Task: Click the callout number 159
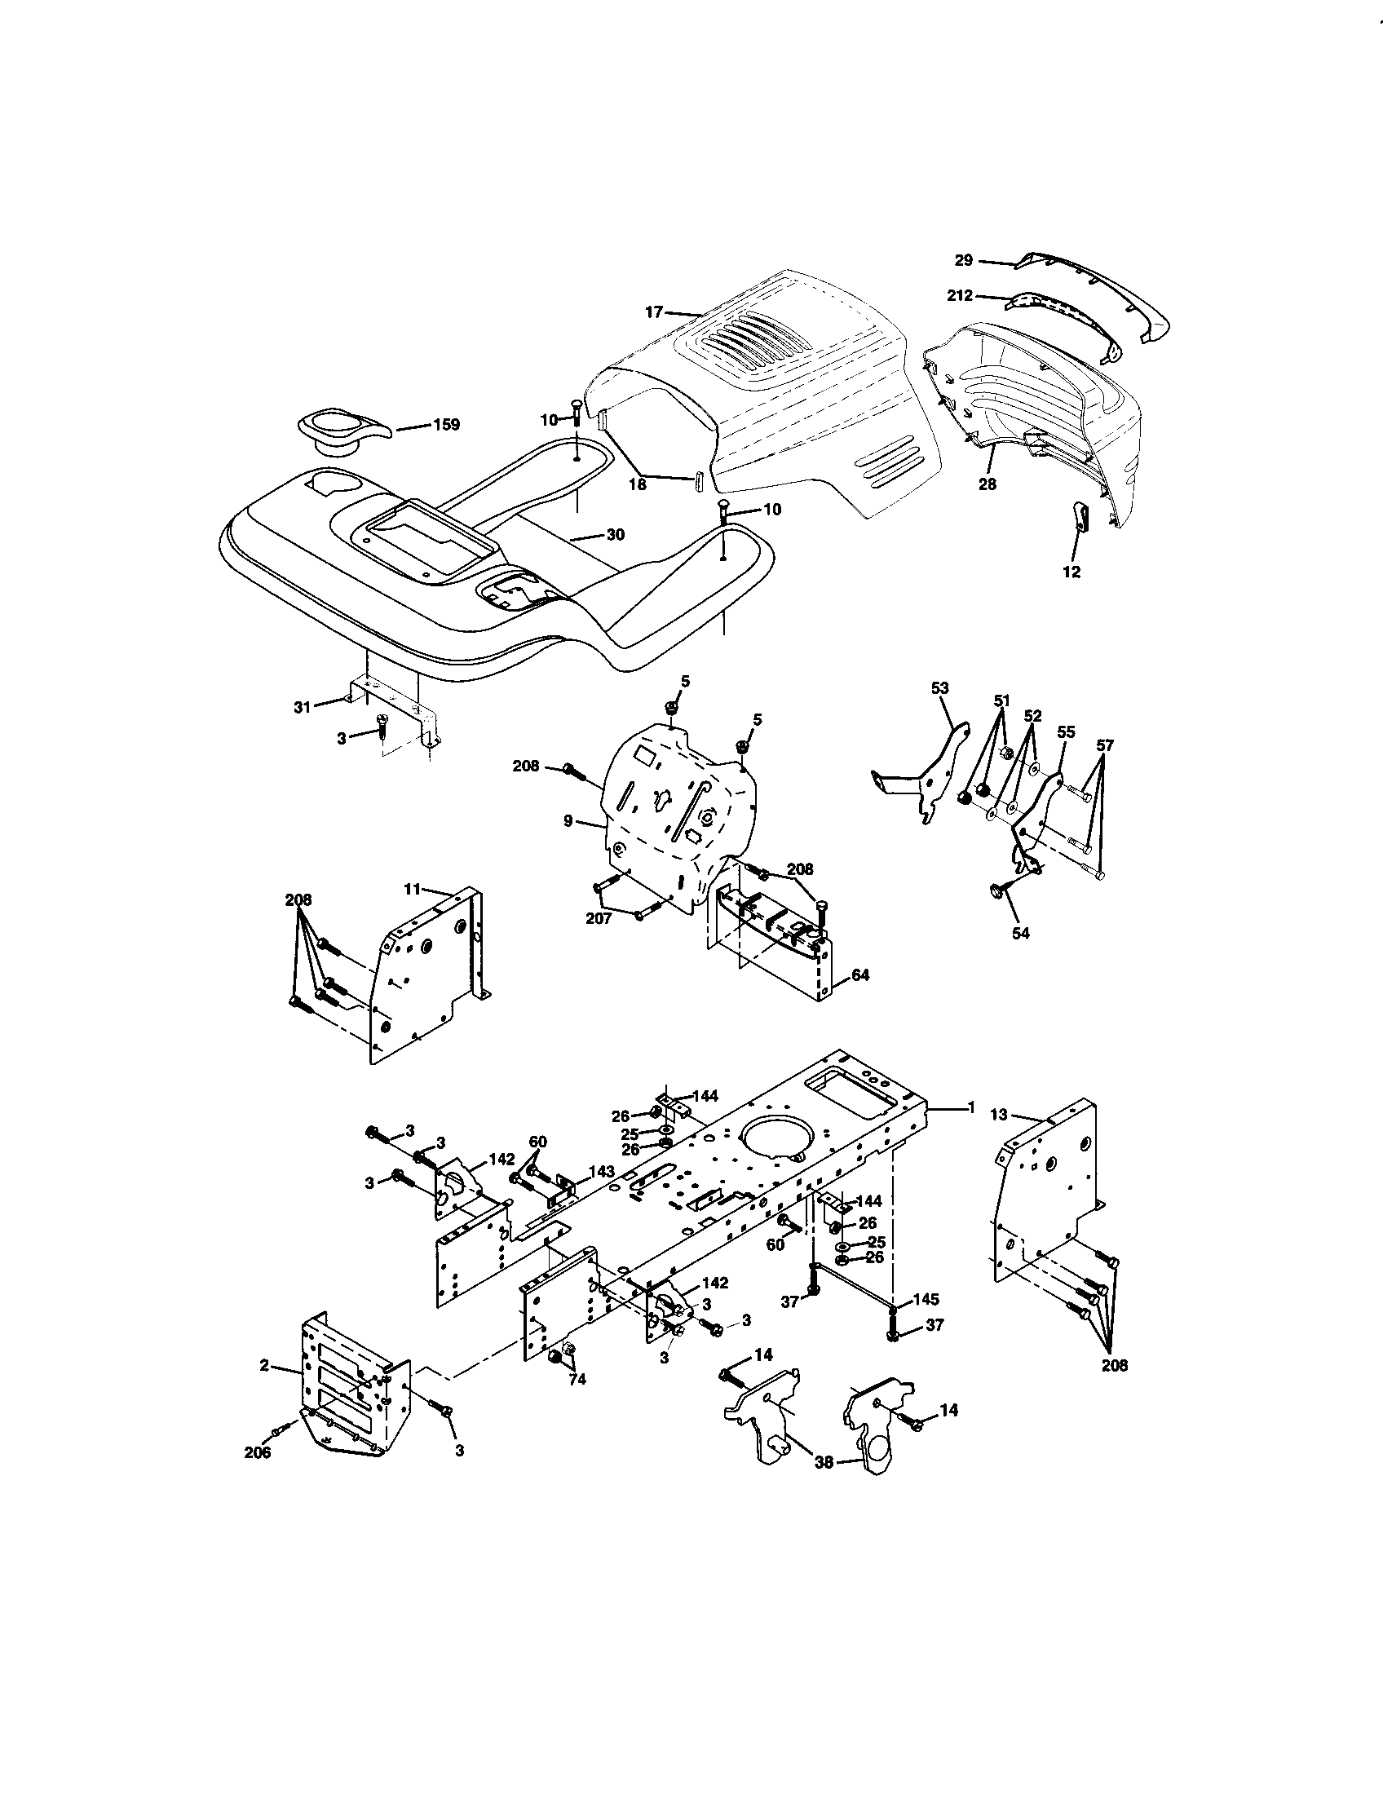[x=447, y=425]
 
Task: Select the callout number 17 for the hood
[x=654, y=312]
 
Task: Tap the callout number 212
[x=959, y=296]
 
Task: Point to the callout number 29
[x=963, y=260]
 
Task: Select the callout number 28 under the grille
[x=988, y=484]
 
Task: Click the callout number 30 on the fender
[x=615, y=535]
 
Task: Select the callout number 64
[x=859, y=975]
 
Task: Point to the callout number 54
[x=1021, y=933]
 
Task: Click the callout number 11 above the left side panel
[x=412, y=889]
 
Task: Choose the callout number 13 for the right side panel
[x=998, y=1114]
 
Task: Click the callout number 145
[x=927, y=1300]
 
